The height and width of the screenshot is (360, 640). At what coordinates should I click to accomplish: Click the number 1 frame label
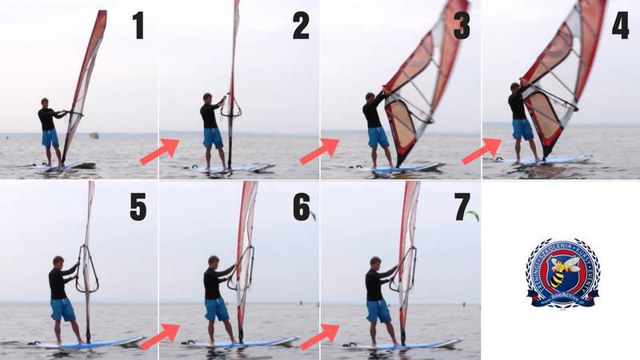coord(138,26)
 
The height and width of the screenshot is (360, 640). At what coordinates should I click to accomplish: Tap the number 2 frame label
coord(300,26)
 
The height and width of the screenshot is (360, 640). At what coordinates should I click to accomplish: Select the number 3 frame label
coord(462,26)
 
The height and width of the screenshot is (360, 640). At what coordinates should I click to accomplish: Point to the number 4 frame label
coord(620,26)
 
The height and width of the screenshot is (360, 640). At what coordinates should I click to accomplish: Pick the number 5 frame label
coord(138,207)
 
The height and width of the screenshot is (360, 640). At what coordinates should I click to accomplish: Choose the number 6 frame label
coord(301,207)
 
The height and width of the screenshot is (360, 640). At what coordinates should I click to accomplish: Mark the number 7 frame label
coord(462,207)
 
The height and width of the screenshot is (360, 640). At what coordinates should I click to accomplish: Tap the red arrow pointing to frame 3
coord(320,151)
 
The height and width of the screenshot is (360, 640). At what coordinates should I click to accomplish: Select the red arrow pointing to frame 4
coord(482,151)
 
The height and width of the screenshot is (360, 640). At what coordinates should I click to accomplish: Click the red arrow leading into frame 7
coord(320,336)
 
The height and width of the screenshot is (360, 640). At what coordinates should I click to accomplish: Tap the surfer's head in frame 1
coord(46,103)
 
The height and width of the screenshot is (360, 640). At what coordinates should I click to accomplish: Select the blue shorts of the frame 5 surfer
coord(62,309)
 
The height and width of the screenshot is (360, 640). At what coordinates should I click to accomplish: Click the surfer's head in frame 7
coord(374,262)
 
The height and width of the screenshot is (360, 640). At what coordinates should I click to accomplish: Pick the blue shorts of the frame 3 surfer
coord(378,137)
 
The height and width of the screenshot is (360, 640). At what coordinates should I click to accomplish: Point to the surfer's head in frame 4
coord(516,87)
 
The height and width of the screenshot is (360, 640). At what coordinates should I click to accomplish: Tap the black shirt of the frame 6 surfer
coord(214,282)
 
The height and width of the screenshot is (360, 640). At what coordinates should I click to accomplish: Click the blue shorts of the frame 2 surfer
coord(213,137)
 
